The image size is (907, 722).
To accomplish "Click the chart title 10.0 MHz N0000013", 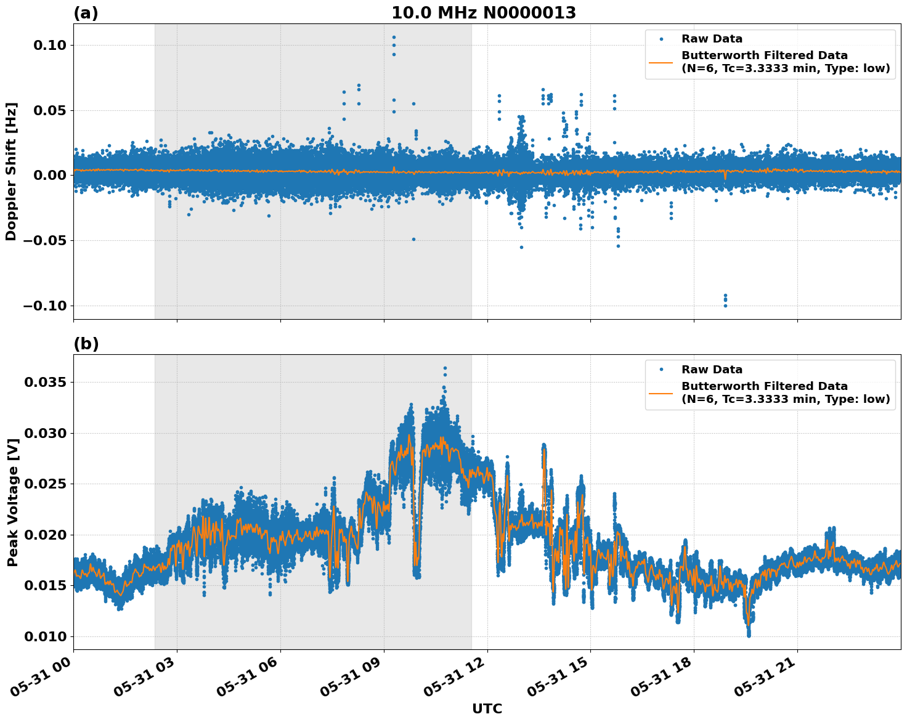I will coord(484,13).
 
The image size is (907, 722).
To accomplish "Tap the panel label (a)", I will coord(86,13).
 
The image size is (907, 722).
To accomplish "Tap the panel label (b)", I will coord(86,344).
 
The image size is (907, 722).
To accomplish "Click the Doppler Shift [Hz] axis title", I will coord(11,171).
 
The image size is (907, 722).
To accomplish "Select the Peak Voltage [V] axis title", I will coord(12,501).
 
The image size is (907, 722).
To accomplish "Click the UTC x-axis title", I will coord(487,708).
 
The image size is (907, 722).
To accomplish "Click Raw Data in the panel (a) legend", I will coord(712,39).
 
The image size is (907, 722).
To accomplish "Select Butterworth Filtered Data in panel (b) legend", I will coord(764,386).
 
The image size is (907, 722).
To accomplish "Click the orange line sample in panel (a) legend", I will coord(661,62).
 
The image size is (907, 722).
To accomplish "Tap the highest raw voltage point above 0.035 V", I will coord(445,368).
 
